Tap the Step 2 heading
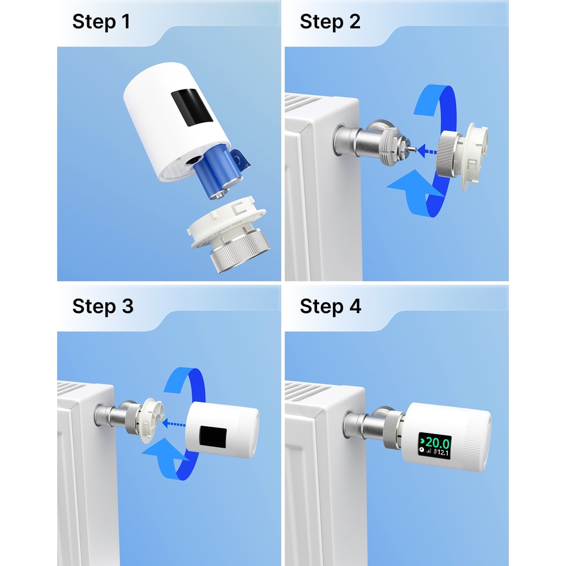330,22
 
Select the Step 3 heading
102,306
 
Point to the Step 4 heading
331,306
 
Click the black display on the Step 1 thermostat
192,107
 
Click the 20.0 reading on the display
437,442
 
